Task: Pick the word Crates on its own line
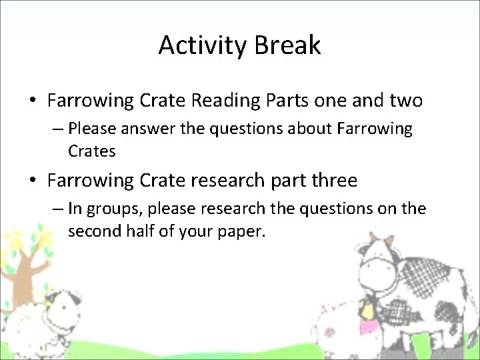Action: (x=92, y=151)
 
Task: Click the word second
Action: (x=94, y=231)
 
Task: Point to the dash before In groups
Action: (x=58, y=209)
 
